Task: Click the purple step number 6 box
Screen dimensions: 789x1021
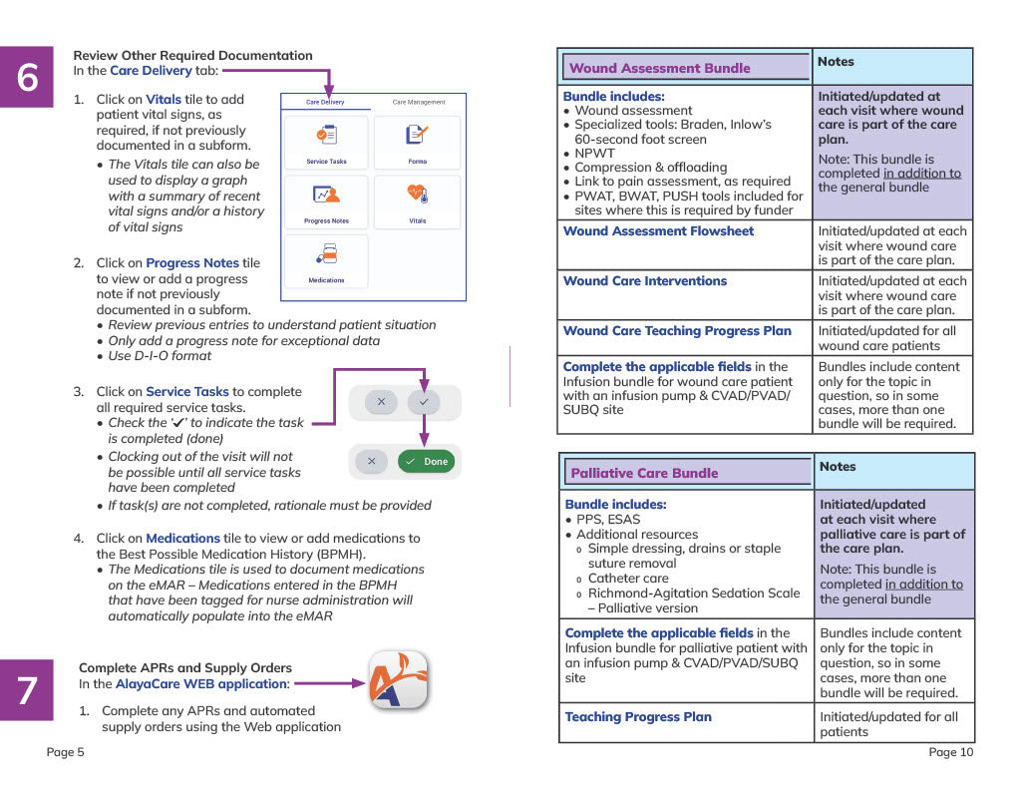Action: tap(27, 77)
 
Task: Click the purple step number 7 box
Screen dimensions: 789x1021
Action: tap(27, 689)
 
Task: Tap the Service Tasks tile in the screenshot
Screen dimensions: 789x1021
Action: tap(326, 143)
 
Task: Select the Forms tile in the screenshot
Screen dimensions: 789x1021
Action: tap(417, 143)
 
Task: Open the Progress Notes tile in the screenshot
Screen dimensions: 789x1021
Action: tap(326, 201)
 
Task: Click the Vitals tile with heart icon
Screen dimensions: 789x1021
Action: tap(417, 201)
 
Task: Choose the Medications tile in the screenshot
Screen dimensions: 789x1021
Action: tap(326, 261)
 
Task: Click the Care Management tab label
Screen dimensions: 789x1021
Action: tap(419, 102)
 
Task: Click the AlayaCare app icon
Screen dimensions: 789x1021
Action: tap(398, 680)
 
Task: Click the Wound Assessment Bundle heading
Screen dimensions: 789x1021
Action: tap(659, 68)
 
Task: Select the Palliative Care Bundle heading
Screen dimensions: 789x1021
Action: tap(644, 473)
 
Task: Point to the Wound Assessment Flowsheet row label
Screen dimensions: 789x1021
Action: tap(658, 231)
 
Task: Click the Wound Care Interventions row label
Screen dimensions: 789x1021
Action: tap(645, 281)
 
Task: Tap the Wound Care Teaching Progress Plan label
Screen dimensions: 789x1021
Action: tap(677, 331)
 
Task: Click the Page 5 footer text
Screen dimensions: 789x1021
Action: tap(66, 752)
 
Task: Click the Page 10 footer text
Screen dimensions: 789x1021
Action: tap(950, 752)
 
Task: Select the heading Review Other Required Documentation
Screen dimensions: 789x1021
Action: tap(192, 56)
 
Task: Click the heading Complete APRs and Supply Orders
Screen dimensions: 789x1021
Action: tap(185, 668)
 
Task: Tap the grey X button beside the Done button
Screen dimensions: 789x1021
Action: tap(371, 462)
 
